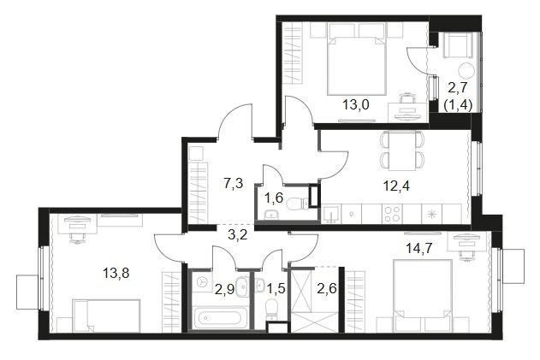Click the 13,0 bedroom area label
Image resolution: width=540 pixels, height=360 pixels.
tap(355, 104)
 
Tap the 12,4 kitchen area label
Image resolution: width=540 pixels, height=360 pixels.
tap(396, 186)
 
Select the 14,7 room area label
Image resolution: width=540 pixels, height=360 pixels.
tap(419, 248)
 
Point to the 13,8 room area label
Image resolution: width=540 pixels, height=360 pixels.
tap(116, 274)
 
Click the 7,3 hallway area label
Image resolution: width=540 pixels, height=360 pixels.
tap(234, 184)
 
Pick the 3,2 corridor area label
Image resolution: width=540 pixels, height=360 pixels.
tap(238, 236)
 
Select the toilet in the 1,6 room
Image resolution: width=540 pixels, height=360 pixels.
tap(294, 204)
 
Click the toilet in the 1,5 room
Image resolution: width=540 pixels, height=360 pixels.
tap(272, 307)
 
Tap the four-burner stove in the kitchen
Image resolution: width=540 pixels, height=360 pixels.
tap(392, 214)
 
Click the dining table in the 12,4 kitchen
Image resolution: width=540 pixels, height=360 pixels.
tap(402, 150)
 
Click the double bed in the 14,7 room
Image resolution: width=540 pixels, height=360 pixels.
tap(423, 296)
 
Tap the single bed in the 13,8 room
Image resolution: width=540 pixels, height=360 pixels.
tap(106, 316)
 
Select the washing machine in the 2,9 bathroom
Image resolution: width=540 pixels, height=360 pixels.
tap(201, 282)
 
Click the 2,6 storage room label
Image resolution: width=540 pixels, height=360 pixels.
tap(326, 288)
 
